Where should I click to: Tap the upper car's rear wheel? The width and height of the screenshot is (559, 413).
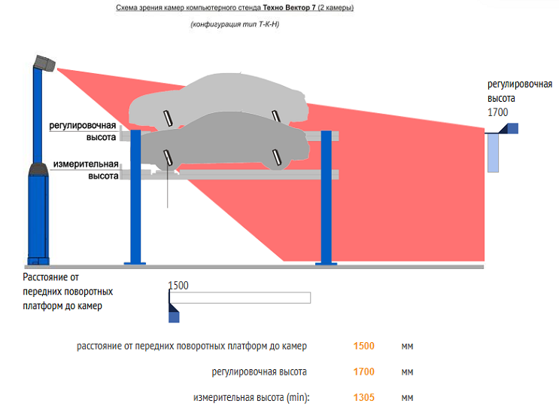point(277,114)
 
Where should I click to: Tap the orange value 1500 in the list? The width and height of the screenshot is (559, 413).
point(363,346)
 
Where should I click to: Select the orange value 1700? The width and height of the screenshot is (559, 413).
point(363,372)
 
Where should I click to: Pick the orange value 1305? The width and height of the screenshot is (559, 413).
point(363,397)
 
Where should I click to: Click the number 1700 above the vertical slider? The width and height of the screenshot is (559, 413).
point(498,113)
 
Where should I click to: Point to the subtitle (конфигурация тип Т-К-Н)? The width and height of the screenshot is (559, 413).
point(235,25)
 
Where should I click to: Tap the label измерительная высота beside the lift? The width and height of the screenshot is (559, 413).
point(85,170)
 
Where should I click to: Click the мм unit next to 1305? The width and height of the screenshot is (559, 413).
point(407,397)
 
